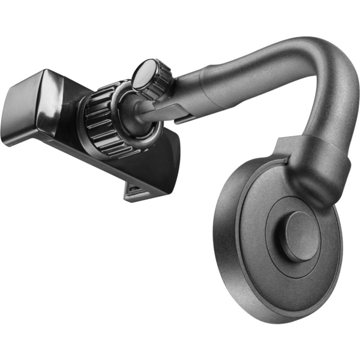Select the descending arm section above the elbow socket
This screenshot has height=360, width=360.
pos(327,108)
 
